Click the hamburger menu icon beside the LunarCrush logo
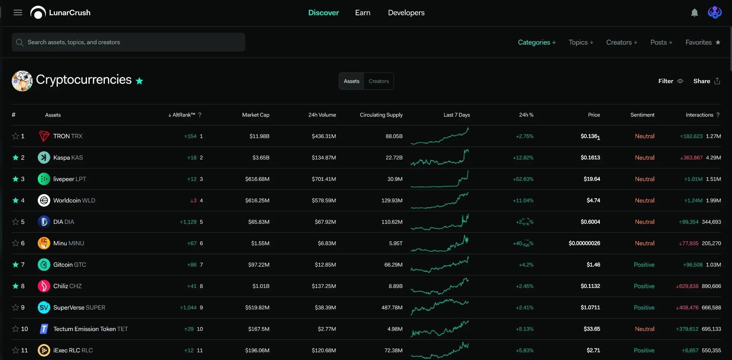coord(18,13)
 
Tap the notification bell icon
coord(695,13)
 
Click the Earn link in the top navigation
coord(363,13)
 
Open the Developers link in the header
coord(406,13)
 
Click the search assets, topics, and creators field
coord(128,42)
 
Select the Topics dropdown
coord(581,42)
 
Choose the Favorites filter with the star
coord(703,42)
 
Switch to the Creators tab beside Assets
coord(379,81)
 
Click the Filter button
coord(671,81)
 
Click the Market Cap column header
coord(255,115)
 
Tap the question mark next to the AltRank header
coord(200,115)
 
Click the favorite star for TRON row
coord(16,136)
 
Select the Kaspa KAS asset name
coord(68,157)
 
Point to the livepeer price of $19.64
coord(592,179)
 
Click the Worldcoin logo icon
coord(44,200)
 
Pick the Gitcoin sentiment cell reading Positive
coord(644,265)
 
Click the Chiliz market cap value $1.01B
coord(261,286)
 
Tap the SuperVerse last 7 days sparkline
coord(440,307)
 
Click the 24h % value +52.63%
coord(523,179)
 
